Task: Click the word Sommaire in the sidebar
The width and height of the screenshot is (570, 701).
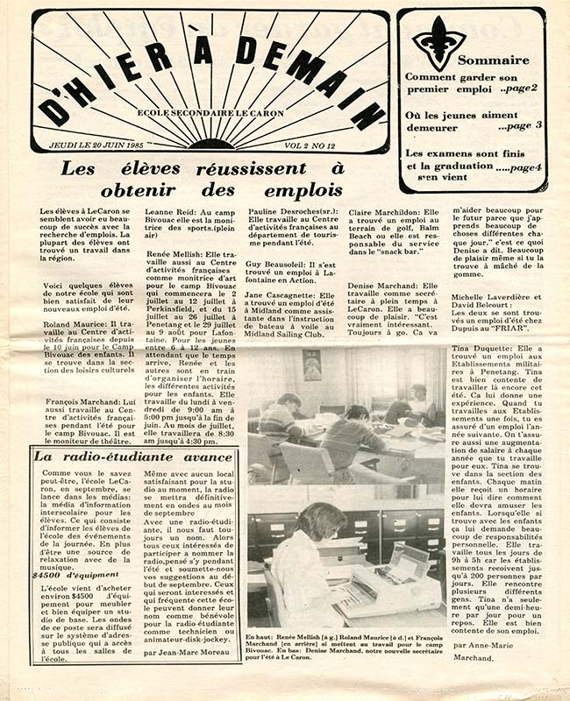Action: click(493, 60)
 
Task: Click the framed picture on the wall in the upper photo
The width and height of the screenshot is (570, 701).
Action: click(311, 365)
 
